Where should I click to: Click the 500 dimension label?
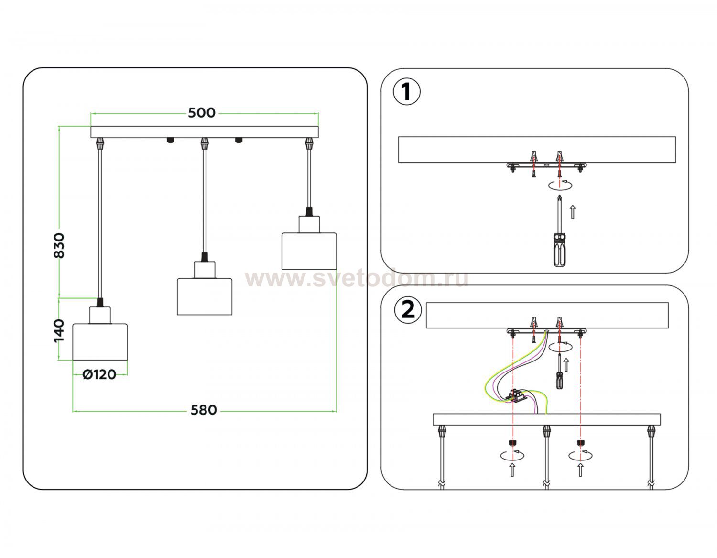pyautogui.click(x=202, y=113)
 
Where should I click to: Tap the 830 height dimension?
pyautogui.click(x=59, y=245)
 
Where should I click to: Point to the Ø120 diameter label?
pyautogui.click(x=99, y=375)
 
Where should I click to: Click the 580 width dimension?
pyautogui.click(x=204, y=410)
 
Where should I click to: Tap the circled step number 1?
pyautogui.click(x=406, y=92)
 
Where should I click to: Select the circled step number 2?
pyautogui.click(x=408, y=311)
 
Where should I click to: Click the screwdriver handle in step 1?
pyautogui.click(x=559, y=250)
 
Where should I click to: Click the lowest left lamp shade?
pyautogui.click(x=100, y=341)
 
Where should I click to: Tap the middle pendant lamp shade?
pyautogui.click(x=205, y=296)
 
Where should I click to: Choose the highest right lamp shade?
pyautogui.click(x=309, y=251)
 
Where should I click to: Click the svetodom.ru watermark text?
pyautogui.click(x=356, y=279)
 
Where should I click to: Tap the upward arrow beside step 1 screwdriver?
pyautogui.click(x=573, y=212)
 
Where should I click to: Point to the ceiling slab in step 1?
pyautogui.click(x=537, y=149)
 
